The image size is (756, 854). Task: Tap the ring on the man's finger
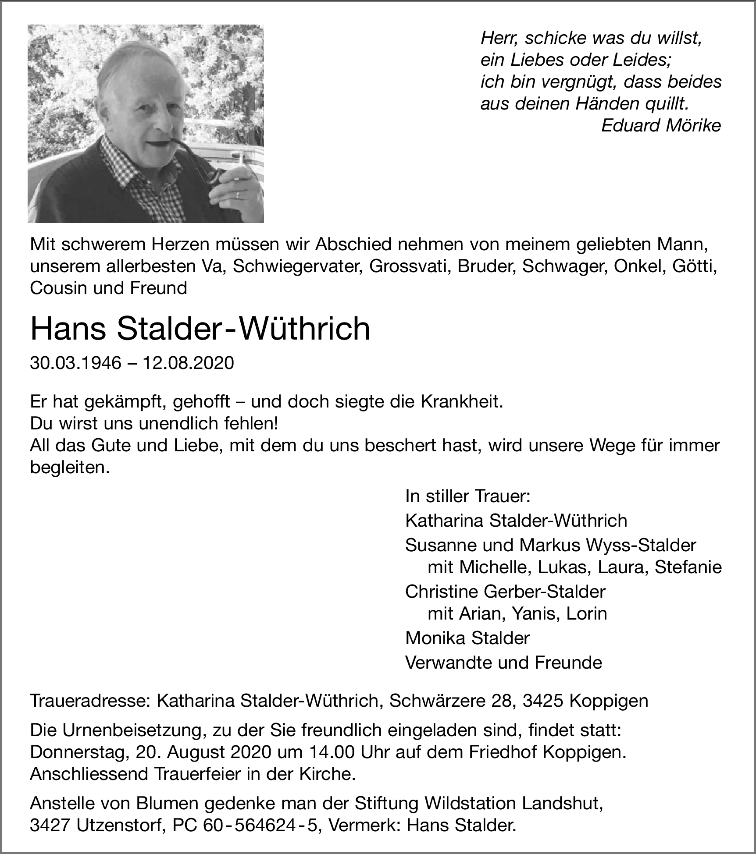[x=238, y=195]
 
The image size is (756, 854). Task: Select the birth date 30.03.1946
[x=75, y=363]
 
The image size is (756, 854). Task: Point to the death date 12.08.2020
[x=188, y=363]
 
